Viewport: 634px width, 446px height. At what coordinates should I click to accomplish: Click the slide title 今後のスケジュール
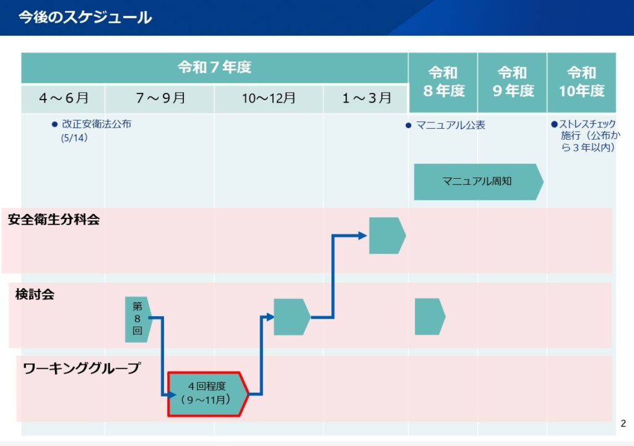85,17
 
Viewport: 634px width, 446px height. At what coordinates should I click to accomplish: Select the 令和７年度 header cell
214,67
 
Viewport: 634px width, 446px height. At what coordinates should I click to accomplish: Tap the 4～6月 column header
63,98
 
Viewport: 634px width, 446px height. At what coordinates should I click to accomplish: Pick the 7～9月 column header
160,98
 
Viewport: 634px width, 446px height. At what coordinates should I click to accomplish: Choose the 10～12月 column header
269,98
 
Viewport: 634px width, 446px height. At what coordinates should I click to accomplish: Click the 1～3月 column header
366,98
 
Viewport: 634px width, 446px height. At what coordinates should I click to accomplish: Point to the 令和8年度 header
443,82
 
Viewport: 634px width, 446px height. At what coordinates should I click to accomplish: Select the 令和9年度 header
512,82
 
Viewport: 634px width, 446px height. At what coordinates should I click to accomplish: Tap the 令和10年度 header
581,82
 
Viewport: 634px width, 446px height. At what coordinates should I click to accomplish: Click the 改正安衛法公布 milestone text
96,124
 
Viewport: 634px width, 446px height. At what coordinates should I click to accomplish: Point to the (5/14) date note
74,138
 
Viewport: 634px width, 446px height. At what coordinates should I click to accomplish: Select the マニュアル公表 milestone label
451,125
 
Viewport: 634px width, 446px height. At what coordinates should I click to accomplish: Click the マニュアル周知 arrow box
479,182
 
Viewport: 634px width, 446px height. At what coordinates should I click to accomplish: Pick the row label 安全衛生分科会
54,220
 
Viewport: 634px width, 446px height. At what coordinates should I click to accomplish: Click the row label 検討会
35,294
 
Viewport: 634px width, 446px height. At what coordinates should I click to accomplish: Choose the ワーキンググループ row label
81,368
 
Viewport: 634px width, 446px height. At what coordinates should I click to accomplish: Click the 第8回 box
138,319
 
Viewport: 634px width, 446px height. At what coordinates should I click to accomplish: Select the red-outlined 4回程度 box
208,394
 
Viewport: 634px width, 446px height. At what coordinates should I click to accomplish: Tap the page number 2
623,423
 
